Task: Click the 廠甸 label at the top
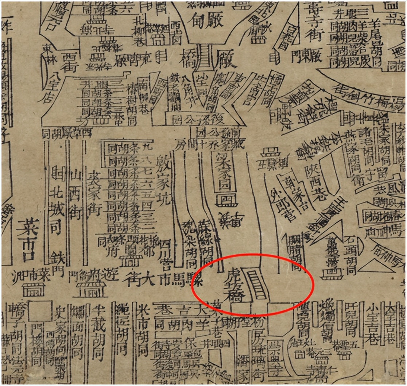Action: (x=206, y=20)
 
